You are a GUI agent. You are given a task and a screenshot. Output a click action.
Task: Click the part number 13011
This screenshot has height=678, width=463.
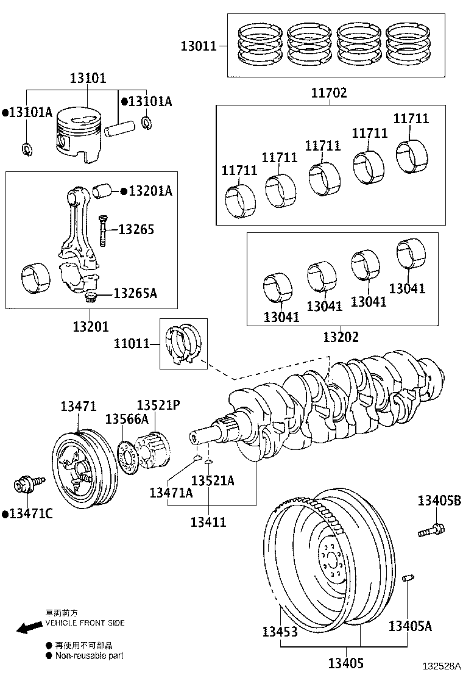pyautogui.click(x=199, y=45)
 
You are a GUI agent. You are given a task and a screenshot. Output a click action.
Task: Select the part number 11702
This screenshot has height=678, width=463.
pyautogui.click(x=329, y=93)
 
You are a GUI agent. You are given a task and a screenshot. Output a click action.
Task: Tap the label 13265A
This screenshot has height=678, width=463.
pyautogui.click(x=135, y=293)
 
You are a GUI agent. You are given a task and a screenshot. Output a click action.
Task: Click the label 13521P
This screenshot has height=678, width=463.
pyautogui.click(x=158, y=405)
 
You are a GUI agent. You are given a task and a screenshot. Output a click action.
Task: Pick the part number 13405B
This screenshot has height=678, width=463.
pyautogui.click(x=439, y=501)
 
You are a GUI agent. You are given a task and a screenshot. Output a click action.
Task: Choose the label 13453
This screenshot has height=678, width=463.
pyautogui.click(x=280, y=632)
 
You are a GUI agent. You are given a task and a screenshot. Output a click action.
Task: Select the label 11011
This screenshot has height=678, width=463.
pyautogui.click(x=132, y=344)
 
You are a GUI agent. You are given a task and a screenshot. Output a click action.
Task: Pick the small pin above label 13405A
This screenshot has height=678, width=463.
pyautogui.click(x=409, y=578)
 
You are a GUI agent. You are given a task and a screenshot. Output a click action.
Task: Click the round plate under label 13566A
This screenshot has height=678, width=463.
pyautogui.click(x=127, y=457)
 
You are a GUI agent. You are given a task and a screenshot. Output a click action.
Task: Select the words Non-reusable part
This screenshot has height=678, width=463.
pyautogui.click(x=90, y=656)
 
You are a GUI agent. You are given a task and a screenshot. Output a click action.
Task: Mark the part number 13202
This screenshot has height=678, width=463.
pyautogui.click(x=341, y=337)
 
